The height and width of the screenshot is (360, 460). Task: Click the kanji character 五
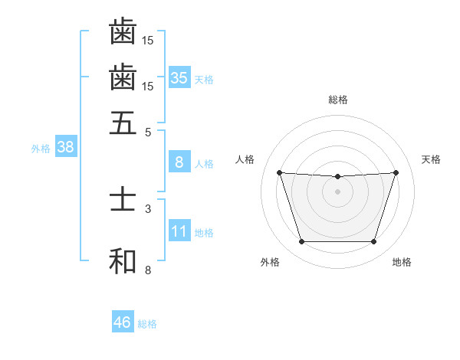[x=123, y=122]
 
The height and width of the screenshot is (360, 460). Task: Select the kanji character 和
[x=123, y=260]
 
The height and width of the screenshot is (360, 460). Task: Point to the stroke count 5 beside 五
[x=148, y=132]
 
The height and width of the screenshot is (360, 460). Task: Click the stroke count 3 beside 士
[x=148, y=208]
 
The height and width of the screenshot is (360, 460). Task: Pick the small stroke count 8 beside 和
[x=148, y=270]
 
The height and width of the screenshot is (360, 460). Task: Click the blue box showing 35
[x=179, y=78]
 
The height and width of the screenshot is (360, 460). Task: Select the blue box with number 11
[x=179, y=232]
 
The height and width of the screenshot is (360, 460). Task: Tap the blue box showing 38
[x=65, y=148]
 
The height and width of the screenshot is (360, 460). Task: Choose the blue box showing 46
[x=123, y=322]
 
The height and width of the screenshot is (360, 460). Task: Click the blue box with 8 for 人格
[x=179, y=162]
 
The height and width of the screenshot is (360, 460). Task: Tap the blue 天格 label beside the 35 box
[x=204, y=80]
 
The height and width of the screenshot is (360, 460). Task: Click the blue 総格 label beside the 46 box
[x=147, y=324]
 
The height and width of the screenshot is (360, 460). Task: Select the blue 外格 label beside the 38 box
[x=41, y=149]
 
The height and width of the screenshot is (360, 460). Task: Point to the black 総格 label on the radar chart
[x=338, y=100]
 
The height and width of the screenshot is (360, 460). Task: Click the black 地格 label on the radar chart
[x=402, y=262]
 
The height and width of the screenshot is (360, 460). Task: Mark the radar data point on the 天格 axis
[x=396, y=172]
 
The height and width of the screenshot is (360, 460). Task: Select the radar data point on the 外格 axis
[x=301, y=242]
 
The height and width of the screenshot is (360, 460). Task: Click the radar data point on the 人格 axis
[x=279, y=172]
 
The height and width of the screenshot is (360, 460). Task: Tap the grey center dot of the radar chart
[x=337, y=191]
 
